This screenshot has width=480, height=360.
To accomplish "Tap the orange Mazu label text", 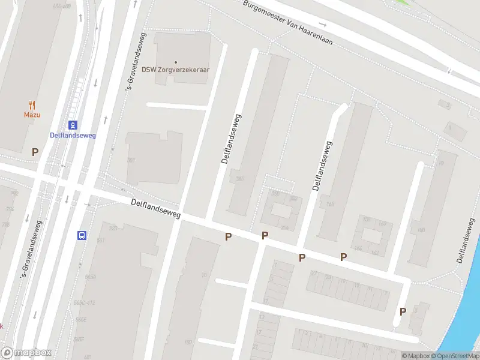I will click(x=32, y=115).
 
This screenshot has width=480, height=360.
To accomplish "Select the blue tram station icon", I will click(x=73, y=125).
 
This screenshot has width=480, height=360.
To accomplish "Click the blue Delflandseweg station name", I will click(x=73, y=135).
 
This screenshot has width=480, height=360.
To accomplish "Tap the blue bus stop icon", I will click(x=82, y=235).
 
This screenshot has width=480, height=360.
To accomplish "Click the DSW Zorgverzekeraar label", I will click(x=175, y=69).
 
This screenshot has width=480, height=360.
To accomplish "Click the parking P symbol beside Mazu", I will click(x=35, y=152).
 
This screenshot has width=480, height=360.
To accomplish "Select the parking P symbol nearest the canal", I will click(x=403, y=311).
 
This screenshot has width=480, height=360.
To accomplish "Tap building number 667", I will click(x=131, y=160).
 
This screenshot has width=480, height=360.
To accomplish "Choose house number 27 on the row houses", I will click(x=313, y=273).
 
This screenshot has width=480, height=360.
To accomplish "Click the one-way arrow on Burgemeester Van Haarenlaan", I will click(x=323, y=25).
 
